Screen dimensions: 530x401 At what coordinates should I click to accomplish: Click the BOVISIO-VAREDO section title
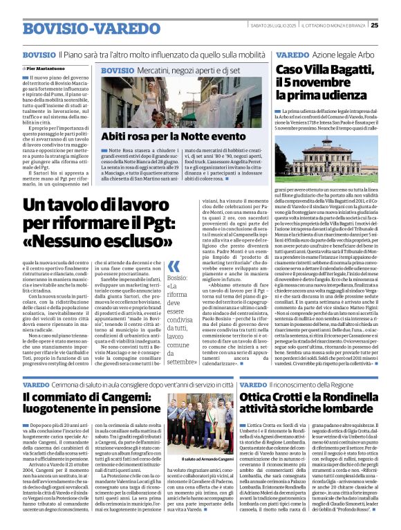82,29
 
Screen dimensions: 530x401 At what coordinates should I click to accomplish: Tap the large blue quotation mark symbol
174,266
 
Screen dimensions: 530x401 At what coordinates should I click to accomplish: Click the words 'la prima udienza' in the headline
318,96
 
